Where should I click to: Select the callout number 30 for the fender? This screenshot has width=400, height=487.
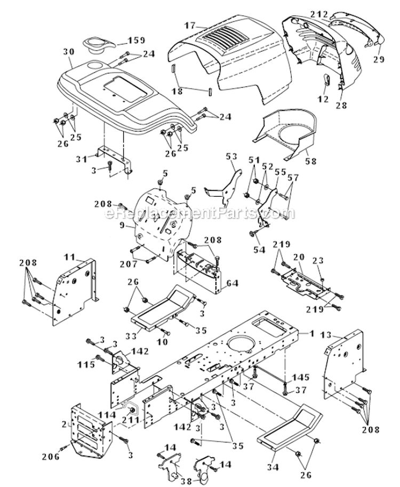67,51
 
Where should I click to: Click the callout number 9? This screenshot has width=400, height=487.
124,226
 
